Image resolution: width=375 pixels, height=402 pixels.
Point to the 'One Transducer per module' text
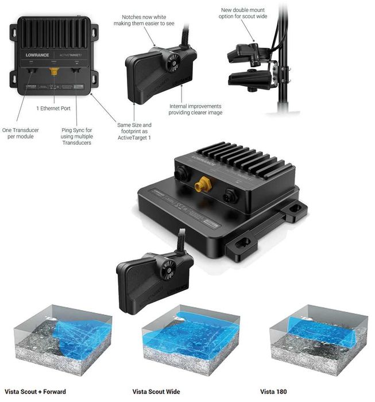click(22, 133)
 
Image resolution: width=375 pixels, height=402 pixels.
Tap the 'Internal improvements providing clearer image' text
click(195, 109)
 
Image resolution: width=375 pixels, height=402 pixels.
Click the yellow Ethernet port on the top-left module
click(55, 72)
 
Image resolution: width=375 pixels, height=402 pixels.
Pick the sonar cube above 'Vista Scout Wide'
click(190, 342)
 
